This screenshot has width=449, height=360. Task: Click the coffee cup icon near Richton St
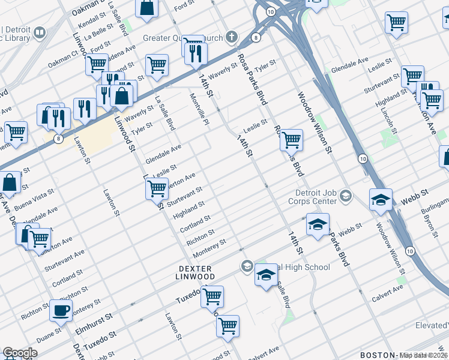click(x=61, y=310)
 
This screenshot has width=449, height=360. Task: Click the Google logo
click(x=20, y=353)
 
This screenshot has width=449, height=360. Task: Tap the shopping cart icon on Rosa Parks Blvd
click(x=291, y=140)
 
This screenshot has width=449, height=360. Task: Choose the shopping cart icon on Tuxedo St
click(x=212, y=295)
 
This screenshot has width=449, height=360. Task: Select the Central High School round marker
click(x=247, y=266)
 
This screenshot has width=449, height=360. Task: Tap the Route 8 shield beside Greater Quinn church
click(x=256, y=38)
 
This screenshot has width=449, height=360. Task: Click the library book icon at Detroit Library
click(x=40, y=32)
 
